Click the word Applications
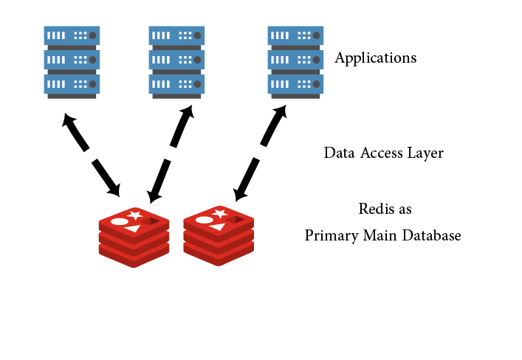click(x=375, y=58)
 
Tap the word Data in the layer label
click(x=340, y=153)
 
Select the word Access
click(x=383, y=153)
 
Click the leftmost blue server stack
click(x=72, y=62)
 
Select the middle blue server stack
click(x=177, y=62)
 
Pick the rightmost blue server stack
click(x=295, y=62)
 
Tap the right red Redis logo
click(x=219, y=235)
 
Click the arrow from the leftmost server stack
click(x=92, y=155)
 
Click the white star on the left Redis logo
click(x=134, y=215)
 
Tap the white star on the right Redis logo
click(x=219, y=214)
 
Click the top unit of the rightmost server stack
click(x=295, y=35)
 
